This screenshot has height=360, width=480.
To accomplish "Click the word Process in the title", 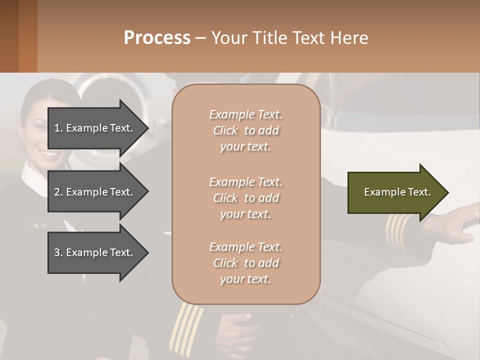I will (157, 38).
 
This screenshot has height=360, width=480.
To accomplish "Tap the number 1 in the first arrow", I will (57, 128).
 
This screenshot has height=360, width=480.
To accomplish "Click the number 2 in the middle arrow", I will (57, 192).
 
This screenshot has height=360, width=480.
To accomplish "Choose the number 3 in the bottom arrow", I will (57, 252).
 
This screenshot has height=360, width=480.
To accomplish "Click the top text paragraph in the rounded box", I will (245, 130).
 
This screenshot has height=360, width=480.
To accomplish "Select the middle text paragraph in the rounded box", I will (245, 198).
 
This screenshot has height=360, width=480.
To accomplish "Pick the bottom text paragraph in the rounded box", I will (245, 263).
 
